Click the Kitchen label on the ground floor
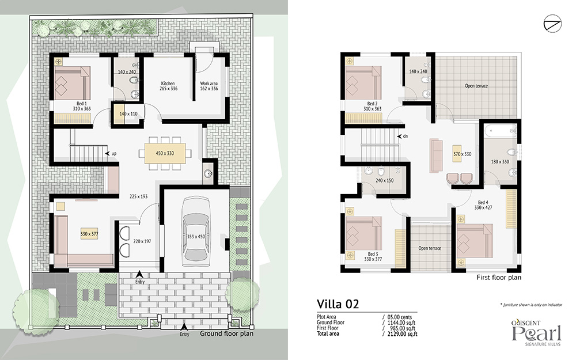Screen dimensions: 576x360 [168, 84]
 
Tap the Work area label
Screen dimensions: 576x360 [209, 84]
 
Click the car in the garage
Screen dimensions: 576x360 [196, 229]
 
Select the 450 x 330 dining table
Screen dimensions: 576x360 [165, 153]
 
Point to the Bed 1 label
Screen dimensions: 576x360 [82, 104]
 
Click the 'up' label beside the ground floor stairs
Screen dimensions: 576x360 [114, 154]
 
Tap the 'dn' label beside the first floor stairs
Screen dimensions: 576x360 [406, 137]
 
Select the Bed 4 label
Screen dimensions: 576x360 [483, 202]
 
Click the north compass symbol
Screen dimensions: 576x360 [552, 24]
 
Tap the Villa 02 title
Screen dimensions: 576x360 [338, 304]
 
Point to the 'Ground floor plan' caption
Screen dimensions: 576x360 [226, 334]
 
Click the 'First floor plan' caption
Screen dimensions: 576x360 [498, 278]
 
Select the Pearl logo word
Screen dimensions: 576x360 [537, 333]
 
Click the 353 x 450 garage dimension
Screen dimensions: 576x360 [196, 237]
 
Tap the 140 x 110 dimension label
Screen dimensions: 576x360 [128, 114]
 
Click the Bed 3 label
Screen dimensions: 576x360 [373, 254]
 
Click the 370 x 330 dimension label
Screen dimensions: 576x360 [462, 154]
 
